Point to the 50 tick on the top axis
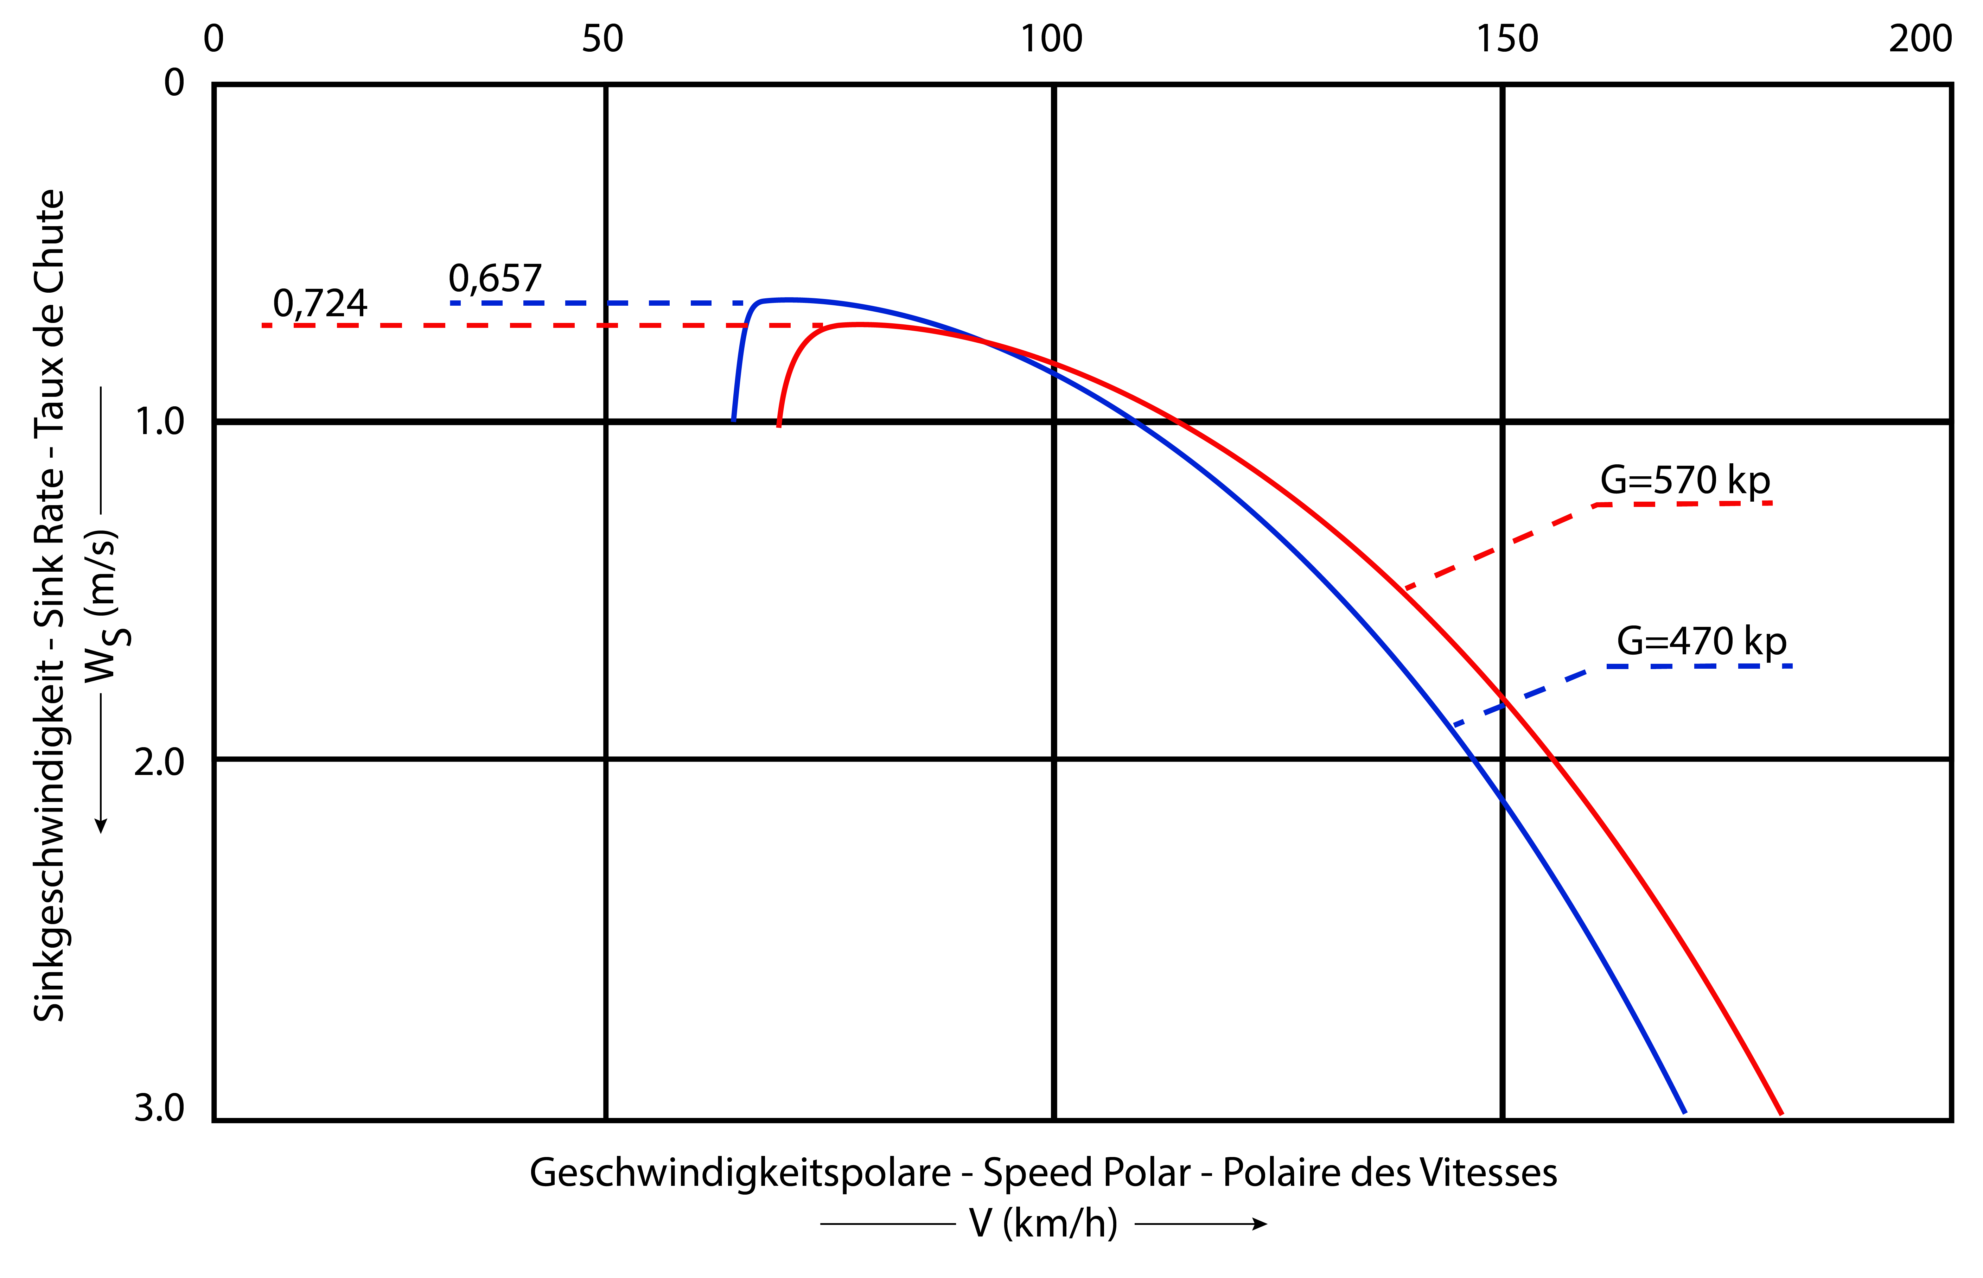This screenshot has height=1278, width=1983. [602, 39]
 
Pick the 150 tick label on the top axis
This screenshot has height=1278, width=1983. [1507, 39]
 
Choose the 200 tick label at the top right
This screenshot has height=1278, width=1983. [1920, 39]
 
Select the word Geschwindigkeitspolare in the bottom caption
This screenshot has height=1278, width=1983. [740, 1172]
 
